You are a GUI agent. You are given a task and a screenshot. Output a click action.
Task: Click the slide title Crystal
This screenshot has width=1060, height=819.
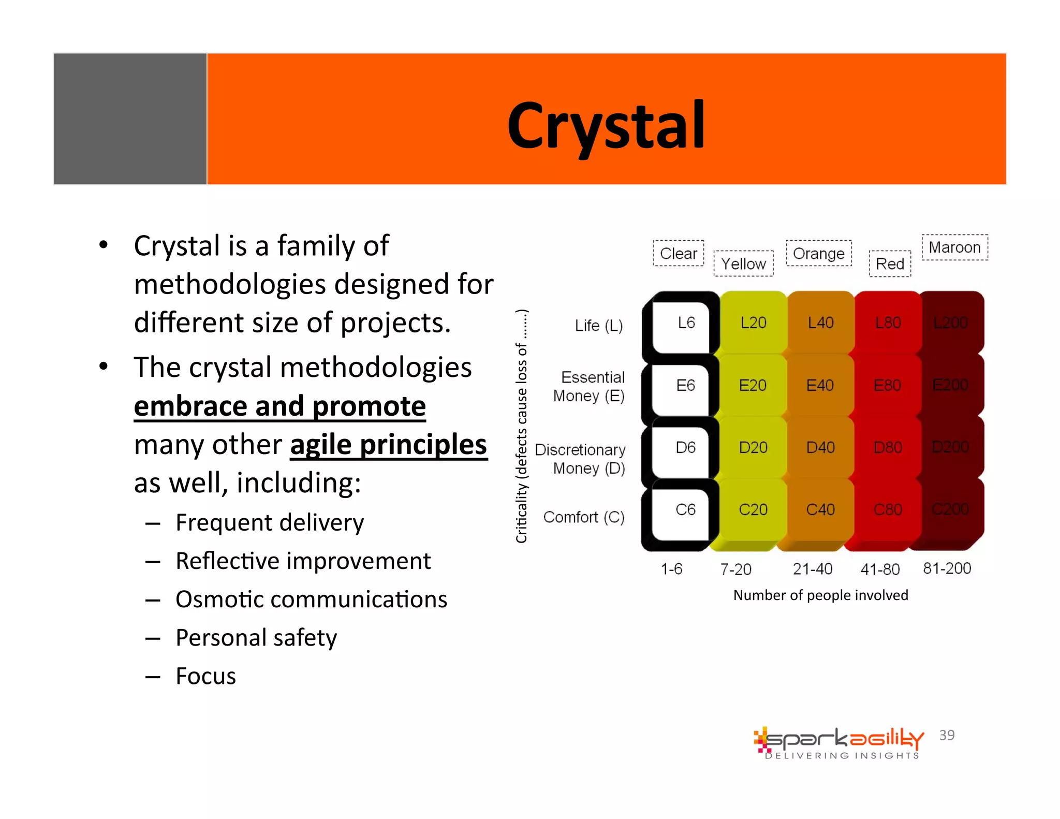(606, 126)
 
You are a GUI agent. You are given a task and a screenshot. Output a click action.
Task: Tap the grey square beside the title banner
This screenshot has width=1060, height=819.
(130, 119)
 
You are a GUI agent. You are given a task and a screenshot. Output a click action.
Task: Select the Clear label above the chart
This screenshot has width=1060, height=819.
(678, 253)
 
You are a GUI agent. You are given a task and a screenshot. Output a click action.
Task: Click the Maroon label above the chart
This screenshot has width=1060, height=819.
(954, 247)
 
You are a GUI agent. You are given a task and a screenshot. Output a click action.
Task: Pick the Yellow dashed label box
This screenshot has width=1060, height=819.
(743, 264)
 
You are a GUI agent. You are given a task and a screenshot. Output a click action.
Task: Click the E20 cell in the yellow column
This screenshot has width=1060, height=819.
(753, 385)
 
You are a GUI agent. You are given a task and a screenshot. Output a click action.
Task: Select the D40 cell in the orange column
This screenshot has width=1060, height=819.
(820, 447)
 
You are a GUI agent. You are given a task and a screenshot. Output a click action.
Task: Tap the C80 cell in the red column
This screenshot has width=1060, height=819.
(888, 509)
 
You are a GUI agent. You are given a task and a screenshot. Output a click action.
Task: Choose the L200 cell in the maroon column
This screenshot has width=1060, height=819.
(950, 323)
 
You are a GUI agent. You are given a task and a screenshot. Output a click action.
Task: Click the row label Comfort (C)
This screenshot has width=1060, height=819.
(583, 517)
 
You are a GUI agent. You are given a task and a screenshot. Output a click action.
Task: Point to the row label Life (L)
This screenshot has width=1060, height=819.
(598, 326)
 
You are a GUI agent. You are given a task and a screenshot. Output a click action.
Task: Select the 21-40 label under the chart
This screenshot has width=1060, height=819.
(813, 569)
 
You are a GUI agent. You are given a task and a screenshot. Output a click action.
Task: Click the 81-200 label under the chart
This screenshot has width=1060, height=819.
(947, 568)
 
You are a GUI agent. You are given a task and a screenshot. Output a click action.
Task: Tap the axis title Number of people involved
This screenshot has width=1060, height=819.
(820, 595)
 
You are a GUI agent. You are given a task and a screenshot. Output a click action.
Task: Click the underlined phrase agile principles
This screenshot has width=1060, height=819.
(388, 445)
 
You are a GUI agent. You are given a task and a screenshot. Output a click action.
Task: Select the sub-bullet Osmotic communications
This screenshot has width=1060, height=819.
(311, 599)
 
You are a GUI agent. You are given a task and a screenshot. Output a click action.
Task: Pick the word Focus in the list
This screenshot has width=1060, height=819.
(205, 676)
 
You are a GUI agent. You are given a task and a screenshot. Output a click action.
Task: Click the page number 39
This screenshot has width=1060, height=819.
(947, 735)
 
